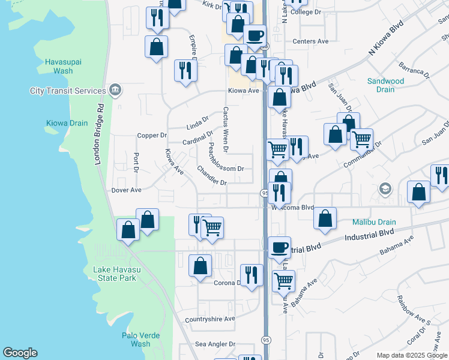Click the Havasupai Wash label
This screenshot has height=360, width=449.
pos(59,66)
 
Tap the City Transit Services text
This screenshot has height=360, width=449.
pos(68,91)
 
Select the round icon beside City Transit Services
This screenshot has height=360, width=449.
pos(116,91)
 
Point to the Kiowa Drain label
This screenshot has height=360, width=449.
pos(67,124)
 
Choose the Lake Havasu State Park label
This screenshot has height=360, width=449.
pos(116,274)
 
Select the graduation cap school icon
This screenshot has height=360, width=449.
pos(384,190)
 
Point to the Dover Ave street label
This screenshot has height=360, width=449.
pos(126,190)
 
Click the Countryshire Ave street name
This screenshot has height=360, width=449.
pos(210,319)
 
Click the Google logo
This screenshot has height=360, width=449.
pos(20,353)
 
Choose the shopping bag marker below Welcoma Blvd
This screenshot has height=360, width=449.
pos(325,219)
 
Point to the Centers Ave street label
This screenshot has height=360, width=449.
pos(310,41)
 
